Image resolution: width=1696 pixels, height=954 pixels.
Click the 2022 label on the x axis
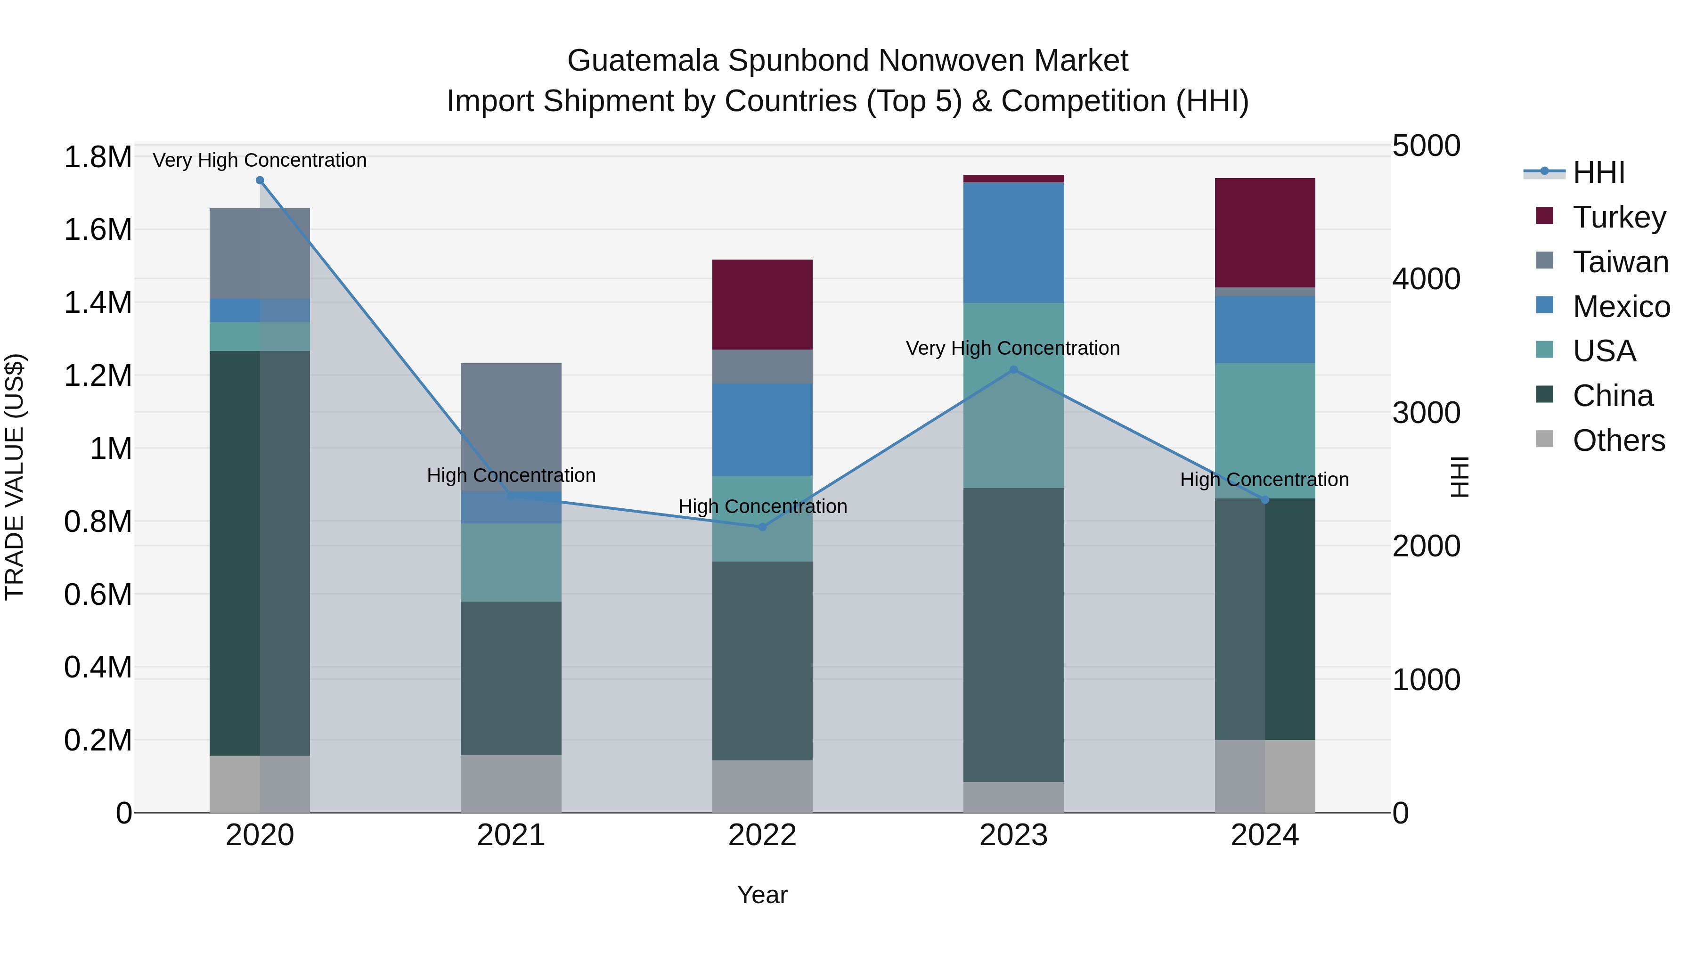[762, 835]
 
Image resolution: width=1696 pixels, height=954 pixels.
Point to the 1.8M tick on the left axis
[98, 157]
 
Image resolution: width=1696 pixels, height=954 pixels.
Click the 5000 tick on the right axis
[1426, 146]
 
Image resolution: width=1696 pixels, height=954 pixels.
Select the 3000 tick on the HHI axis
[1426, 413]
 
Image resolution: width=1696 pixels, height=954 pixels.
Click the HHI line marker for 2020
[260, 180]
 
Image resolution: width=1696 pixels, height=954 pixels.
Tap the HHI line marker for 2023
[1013, 370]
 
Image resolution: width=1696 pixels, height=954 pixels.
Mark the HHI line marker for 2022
[762, 527]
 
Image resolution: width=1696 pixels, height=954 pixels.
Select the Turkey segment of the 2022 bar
[762, 304]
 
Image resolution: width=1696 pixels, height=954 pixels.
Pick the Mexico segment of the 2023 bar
[1013, 242]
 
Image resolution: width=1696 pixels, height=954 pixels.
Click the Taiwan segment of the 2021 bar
[511, 415]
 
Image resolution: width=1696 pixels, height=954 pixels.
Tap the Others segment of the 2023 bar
[1013, 797]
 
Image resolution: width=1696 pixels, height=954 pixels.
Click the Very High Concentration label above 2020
[260, 160]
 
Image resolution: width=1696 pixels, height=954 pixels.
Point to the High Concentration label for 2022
[762, 506]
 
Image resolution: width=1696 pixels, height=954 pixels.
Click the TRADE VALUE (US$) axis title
[15, 477]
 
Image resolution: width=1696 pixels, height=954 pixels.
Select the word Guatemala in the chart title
[643, 61]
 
